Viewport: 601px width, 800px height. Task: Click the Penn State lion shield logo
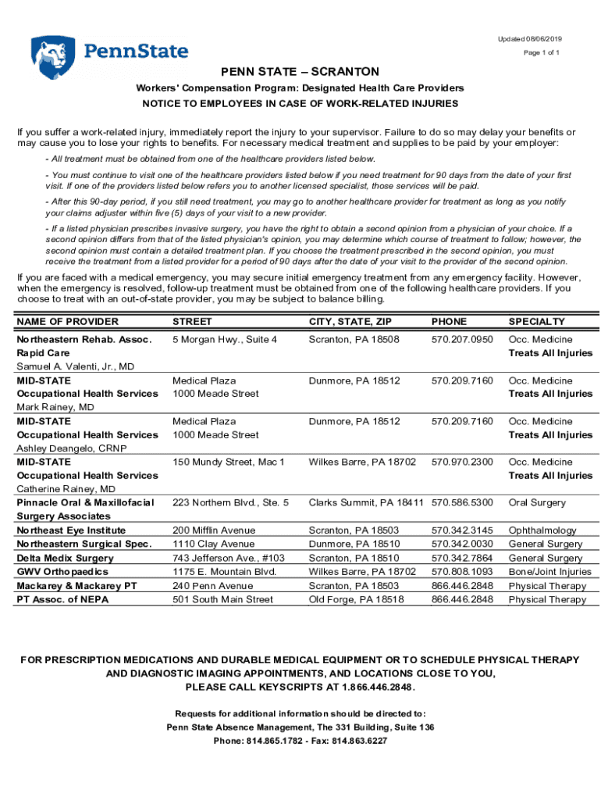[x=53, y=57]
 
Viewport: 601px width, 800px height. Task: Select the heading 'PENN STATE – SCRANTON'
[x=300, y=72]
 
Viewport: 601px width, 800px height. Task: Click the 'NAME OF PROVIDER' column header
[x=68, y=322]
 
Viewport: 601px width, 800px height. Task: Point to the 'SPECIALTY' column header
[x=537, y=322]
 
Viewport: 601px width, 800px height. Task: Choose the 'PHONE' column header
[x=449, y=322]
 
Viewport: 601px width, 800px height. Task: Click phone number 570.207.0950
[x=462, y=340]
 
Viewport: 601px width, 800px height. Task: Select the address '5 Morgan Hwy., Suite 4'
[x=225, y=340]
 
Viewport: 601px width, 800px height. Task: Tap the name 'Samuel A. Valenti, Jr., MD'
[x=76, y=366]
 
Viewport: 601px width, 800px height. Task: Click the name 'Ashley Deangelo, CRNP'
[x=72, y=448]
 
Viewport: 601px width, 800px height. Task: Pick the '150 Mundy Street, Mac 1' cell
[x=229, y=462]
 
